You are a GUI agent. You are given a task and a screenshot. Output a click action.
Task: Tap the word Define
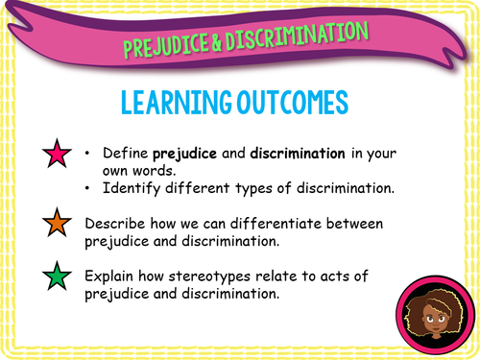pyautogui.click(x=123, y=153)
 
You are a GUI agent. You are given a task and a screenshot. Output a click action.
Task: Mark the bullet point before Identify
pyautogui.click(x=88, y=187)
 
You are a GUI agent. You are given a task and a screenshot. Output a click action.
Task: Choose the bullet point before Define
pyautogui.click(x=88, y=153)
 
